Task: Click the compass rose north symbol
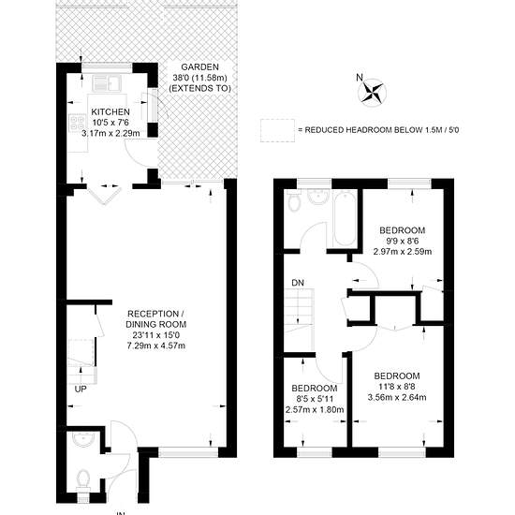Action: [373, 92]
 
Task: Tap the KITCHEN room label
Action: [110, 111]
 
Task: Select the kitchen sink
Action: [107, 82]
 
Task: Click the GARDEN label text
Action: [199, 67]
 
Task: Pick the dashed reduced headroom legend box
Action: [277, 130]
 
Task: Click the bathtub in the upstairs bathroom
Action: [344, 218]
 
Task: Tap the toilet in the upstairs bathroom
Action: [293, 200]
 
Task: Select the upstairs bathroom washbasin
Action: [318, 197]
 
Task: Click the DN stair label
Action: [298, 283]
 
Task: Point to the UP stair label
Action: [81, 390]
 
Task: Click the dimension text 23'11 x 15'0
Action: [156, 335]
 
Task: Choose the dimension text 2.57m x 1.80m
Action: [315, 409]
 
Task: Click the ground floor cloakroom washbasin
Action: [82, 439]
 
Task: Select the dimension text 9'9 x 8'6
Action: [403, 241]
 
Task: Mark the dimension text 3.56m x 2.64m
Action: [397, 397]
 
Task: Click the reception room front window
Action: [188, 452]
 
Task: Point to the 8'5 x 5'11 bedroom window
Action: [315, 452]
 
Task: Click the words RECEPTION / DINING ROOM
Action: [156, 319]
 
